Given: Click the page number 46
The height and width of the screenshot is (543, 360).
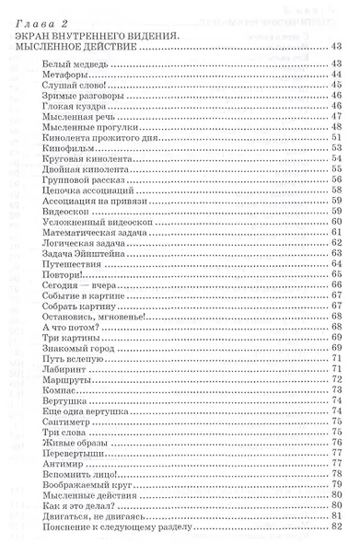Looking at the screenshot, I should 335,95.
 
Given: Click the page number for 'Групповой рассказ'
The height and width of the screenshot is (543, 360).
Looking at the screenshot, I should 335,182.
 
